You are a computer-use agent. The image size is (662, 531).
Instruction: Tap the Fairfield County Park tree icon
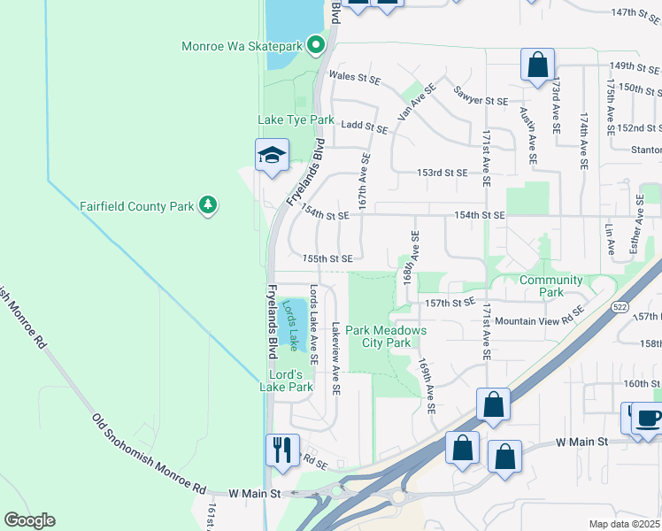click(x=208, y=206)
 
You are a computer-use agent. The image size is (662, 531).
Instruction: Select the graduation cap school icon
click(x=272, y=157)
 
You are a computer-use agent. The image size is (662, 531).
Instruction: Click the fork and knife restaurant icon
click(x=282, y=449)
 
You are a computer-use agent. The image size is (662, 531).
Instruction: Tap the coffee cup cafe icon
click(x=646, y=418)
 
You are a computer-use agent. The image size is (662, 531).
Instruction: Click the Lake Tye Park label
click(x=296, y=119)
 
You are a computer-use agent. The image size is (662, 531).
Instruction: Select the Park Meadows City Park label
click(x=386, y=336)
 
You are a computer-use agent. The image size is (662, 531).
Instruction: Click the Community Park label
click(x=550, y=286)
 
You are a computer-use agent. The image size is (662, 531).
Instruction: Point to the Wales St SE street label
click(x=354, y=78)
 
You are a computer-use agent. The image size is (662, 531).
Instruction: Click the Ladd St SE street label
click(x=364, y=128)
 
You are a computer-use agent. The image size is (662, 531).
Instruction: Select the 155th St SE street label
click(x=327, y=258)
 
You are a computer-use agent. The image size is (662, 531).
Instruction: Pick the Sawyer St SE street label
click(x=480, y=96)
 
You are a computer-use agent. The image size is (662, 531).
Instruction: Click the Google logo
click(x=29, y=520)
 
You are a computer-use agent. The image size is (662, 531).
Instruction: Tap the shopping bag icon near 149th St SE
click(x=537, y=65)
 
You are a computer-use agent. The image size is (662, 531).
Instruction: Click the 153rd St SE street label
click(x=442, y=173)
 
